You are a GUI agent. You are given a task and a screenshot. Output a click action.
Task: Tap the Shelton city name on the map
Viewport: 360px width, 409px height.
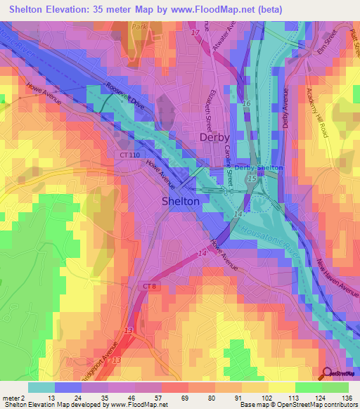tap(181, 201)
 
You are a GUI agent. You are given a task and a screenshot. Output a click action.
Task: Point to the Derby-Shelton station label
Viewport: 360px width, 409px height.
tap(258, 168)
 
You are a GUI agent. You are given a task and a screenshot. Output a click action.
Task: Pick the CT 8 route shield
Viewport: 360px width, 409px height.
tap(148, 286)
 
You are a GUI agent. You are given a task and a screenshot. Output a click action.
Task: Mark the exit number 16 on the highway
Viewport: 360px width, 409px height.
tap(246, 103)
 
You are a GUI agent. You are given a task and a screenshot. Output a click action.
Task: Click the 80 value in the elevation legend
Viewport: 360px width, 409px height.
tap(220, 398)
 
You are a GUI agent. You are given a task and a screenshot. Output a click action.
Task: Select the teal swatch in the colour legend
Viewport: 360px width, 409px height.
tap(41, 387)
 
